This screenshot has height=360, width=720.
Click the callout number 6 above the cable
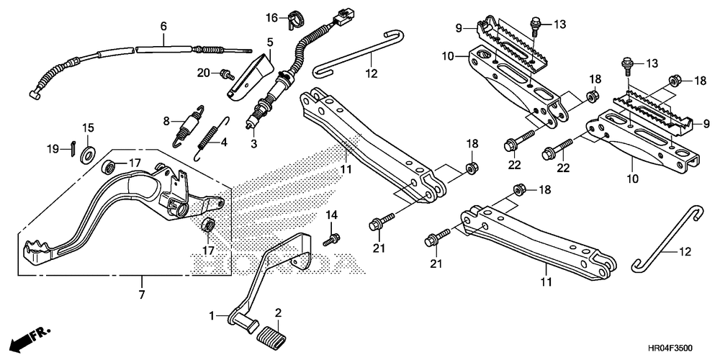pyautogui.click(x=163, y=26)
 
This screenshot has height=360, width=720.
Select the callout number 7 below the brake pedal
pyautogui.click(x=141, y=295)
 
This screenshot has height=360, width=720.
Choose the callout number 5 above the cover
pyautogui.click(x=270, y=42)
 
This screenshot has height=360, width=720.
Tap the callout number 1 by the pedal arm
pyautogui.click(x=212, y=315)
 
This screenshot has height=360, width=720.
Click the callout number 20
pyautogui.click(x=204, y=72)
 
